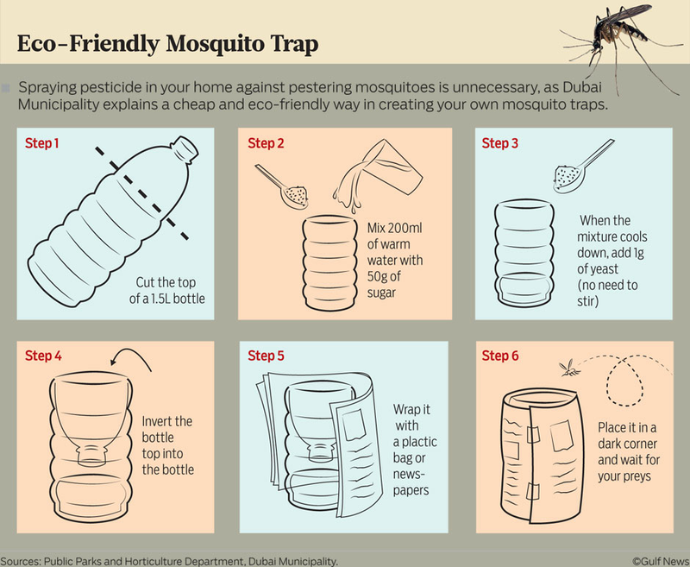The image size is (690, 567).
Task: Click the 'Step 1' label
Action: [41, 143]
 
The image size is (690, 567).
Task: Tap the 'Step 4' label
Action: [43, 356]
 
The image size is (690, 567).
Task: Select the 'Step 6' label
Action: [500, 356]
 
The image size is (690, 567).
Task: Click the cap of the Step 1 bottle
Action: [185, 148]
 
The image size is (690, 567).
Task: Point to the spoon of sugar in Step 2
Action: [283, 187]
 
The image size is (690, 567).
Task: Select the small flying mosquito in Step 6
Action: [569, 368]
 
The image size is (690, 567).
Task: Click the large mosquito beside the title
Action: [620, 40]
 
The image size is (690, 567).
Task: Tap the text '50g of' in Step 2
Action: [384, 276]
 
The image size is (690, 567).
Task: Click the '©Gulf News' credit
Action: [661, 562]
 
